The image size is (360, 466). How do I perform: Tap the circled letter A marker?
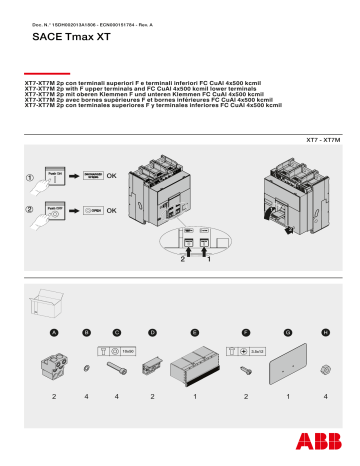(x=54, y=330)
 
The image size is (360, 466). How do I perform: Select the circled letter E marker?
(x=194, y=330)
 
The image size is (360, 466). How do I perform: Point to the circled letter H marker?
(x=325, y=330)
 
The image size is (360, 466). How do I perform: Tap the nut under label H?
(x=325, y=368)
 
